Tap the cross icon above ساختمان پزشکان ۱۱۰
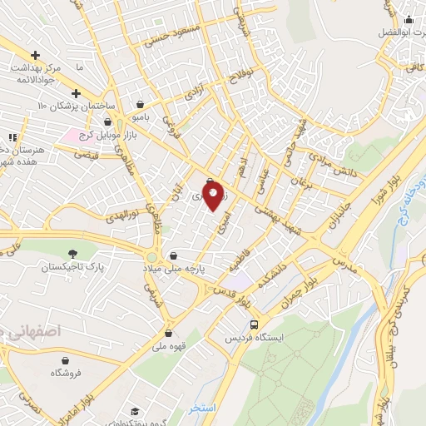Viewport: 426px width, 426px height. pos(76,94)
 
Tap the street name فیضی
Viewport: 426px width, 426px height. pos(86,156)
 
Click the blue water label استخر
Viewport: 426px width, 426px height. pos(202,409)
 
